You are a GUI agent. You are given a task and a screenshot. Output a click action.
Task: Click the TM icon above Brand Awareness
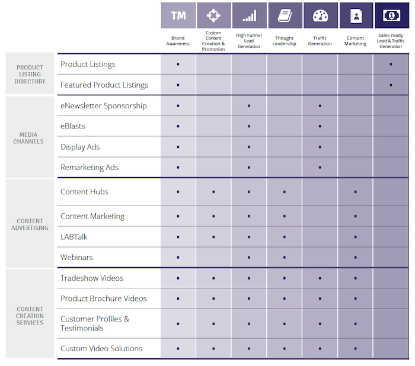pyautogui.click(x=178, y=15)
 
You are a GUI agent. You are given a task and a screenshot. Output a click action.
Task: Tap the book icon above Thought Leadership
pyautogui.click(x=285, y=15)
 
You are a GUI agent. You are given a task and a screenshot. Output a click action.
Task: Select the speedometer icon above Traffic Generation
pyautogui.click(x=320, y=15)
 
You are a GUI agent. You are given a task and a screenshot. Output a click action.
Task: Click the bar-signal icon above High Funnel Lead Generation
pyautogui.click(x=249, y=15)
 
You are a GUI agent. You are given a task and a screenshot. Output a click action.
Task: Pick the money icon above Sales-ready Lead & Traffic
pyautogui.click(x=391, y=15)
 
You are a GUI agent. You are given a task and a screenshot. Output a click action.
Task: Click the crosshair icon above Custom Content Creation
pyautogui.click(x=213, y=15)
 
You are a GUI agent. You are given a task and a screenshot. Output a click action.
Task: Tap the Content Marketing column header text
pyautogui.click(x=356, y=41)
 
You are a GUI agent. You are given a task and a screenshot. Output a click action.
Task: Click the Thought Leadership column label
pyautogui.click(x=285, y=41)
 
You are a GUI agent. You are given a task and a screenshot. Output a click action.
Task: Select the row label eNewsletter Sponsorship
pyautogui.click(x=103, y=105)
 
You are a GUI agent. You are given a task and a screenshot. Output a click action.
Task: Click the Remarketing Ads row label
pyautogui.click(x=90, y=167)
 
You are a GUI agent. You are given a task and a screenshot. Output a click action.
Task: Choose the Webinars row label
pyautogui.click(x=76, y=258)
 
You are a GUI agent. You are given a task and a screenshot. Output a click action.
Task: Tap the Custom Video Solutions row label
pyautogui.click(x=101, y=348)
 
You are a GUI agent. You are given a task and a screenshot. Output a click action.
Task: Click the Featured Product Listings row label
pyautogui.click(x=104, y=85)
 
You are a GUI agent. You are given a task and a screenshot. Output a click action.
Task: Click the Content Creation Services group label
pyautogui.click(x=30, y=316)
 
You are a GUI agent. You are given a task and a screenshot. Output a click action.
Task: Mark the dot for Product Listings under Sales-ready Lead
pyautogui.click(x=391, y=64)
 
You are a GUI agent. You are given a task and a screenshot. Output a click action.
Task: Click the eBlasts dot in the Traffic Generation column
pyautogui.click(x=320, y=126)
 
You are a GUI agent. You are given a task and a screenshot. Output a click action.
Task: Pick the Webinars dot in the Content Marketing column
pyautogui.click(x=356, y=258)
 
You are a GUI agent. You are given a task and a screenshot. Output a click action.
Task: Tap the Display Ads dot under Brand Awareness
pyautogui.click(x=178, y=147)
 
